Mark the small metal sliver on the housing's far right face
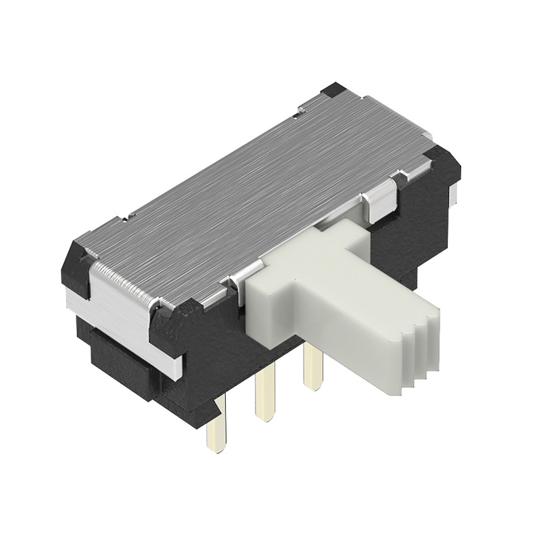point(454,196)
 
